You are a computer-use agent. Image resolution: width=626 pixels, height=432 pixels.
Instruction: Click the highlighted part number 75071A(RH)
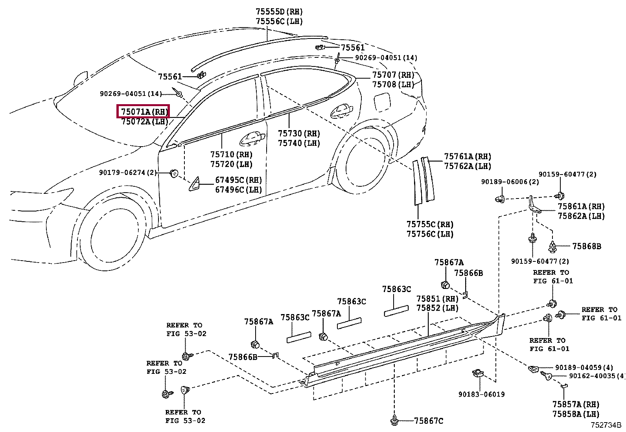(x=144, y=112)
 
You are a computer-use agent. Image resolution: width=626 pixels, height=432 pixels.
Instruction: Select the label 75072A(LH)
(x=144, y=122)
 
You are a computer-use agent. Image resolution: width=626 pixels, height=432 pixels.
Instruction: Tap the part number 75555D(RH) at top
(x=279, y=12)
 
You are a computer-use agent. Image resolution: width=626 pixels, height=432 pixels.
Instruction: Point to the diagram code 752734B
(x=605, y=425)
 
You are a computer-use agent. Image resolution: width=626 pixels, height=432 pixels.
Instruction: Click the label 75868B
(x=586, y=246)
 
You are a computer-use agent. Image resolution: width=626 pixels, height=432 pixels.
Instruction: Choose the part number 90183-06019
(x=481, y=394)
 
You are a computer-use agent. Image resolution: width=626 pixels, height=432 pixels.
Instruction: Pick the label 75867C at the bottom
(x=428, y=421)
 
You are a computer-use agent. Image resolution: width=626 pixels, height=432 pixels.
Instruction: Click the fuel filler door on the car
(x=381, y=102)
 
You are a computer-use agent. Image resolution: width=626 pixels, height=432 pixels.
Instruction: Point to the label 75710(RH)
(x=231, y=155)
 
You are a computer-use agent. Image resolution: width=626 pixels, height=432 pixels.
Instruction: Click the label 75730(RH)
(x=299, y=134)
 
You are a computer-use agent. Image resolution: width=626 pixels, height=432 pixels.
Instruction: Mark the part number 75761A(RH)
(x=468, y=156)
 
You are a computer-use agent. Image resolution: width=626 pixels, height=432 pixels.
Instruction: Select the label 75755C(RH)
(x=430, y=224)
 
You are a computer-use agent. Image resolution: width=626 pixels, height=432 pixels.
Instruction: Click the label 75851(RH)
(x=437, y=299)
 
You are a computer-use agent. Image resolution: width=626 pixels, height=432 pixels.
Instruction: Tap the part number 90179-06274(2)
(x=128, y=173)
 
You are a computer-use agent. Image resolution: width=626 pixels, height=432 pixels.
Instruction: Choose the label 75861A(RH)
(x=581, y=206)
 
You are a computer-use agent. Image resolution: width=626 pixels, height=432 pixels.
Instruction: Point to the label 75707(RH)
(x=393, y=75)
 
